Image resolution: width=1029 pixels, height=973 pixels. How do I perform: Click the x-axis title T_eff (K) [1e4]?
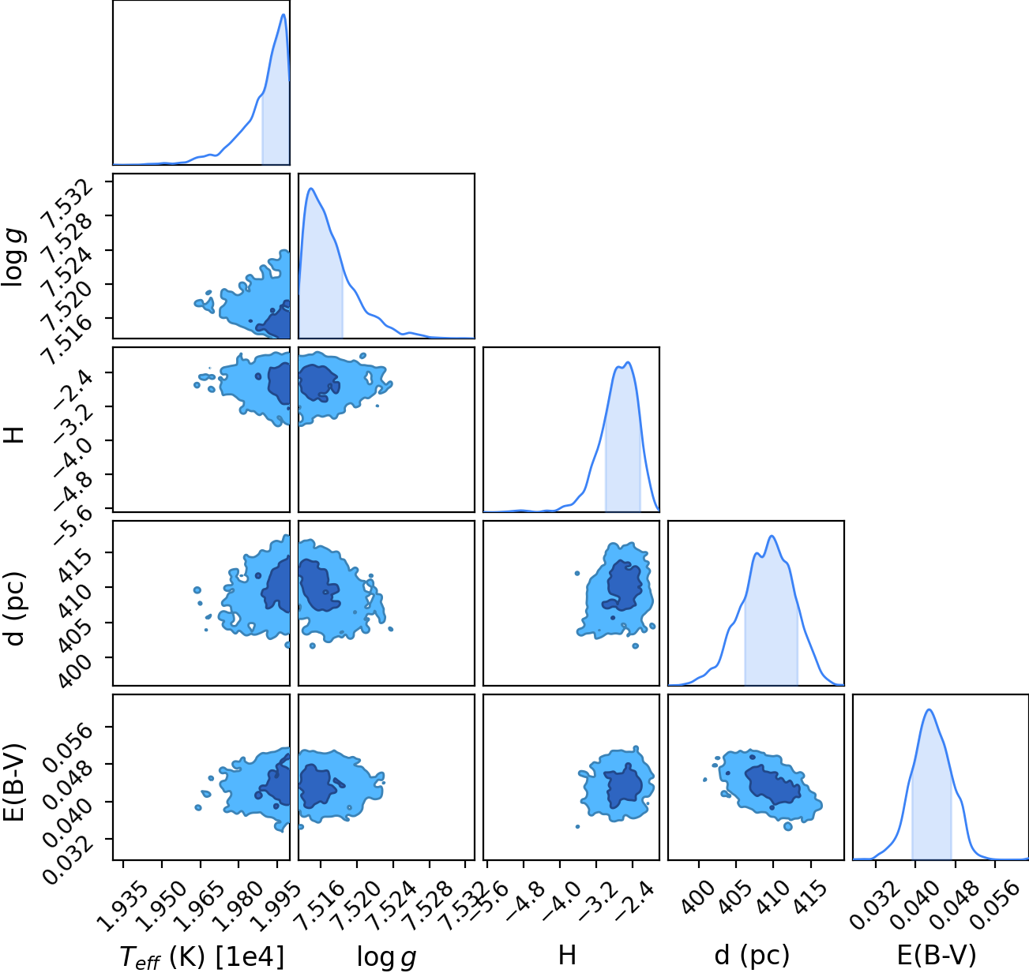[x=202, y=956]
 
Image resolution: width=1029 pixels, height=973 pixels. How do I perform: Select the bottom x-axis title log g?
[x=386, y=957]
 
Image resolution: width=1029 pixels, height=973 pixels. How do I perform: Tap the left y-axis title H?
[x=15, y=434]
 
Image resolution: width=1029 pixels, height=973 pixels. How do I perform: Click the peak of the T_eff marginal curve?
[x=284, y=14]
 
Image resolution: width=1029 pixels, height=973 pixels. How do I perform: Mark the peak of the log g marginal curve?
[x=311, y=189]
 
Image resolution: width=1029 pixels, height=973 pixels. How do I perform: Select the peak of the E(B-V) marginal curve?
[x=929, y=709]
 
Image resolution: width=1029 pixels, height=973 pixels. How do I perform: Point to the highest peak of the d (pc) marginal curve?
[x=772, y=536]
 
